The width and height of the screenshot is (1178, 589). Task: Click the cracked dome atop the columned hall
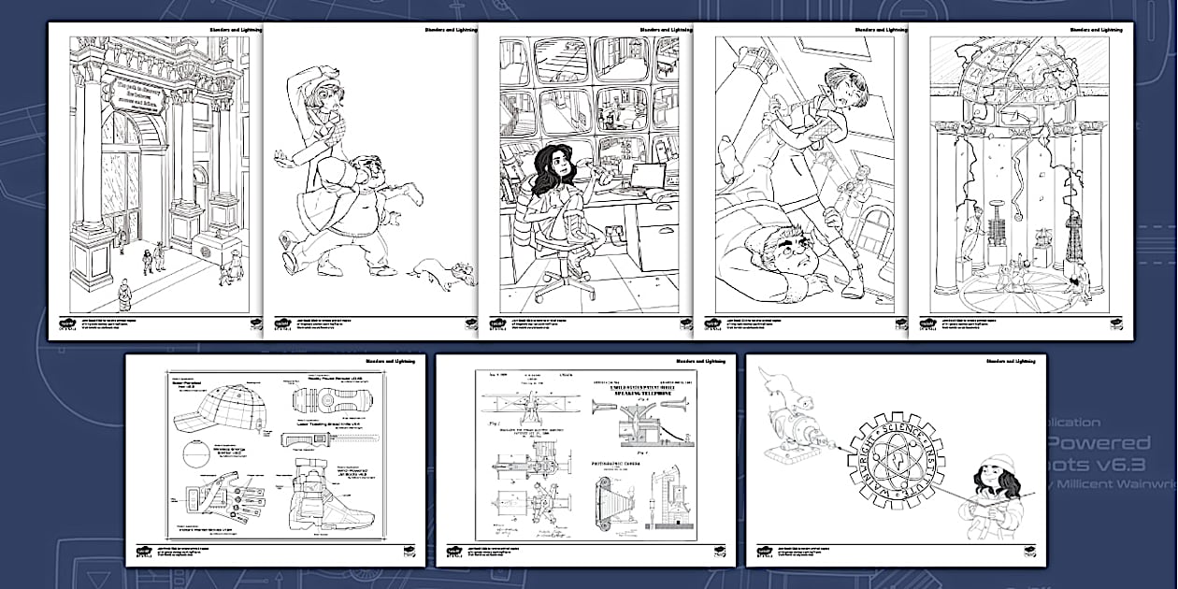1013,79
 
